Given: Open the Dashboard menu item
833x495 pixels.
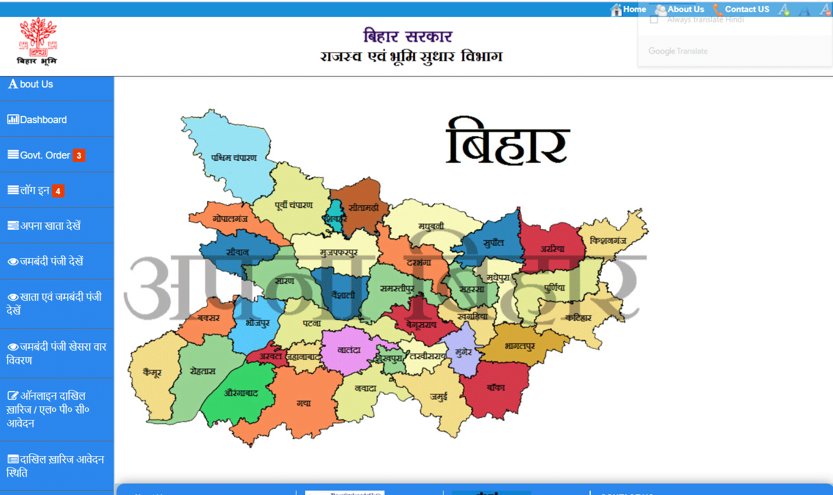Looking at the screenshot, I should click(43, 120).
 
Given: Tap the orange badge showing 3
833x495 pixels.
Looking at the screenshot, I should click(79, 155).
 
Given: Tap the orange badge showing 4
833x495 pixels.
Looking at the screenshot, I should click(58, 191).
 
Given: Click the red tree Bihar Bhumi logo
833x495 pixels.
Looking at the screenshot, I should click(37, 41).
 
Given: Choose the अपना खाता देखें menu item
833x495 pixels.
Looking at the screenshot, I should click(50, 226).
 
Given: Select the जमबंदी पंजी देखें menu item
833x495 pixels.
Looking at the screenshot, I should click(51, 261).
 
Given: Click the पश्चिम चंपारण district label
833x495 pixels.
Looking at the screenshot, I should click(234, 158).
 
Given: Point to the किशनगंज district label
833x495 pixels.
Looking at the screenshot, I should click(608, 240).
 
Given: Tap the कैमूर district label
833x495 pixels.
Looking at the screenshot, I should click(152, 372).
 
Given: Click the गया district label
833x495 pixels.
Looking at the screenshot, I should click(304, 403).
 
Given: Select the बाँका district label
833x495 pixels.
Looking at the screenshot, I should click(496, 387).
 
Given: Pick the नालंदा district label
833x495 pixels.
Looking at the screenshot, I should click(349, 350).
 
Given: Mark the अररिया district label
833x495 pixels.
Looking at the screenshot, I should click(552, 248).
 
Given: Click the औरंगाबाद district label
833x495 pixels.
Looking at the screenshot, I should click(241, 393).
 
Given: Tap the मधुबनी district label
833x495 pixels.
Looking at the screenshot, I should click(431, 226).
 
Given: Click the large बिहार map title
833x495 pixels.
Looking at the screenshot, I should click(508, 142).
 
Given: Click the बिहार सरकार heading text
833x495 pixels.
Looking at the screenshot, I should click(407, 36).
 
